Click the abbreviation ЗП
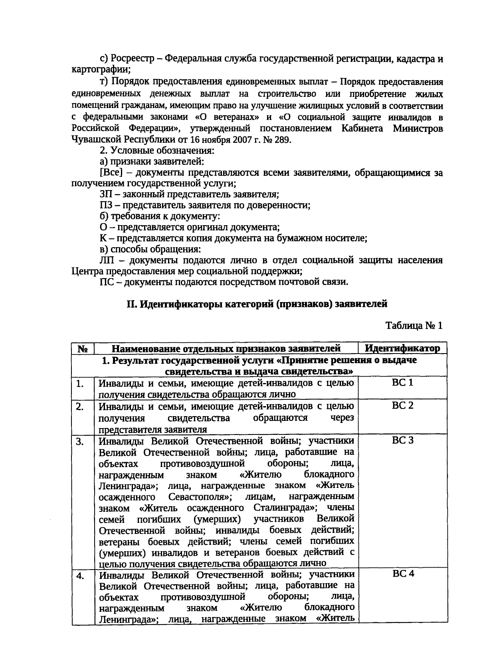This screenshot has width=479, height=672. (105, 195)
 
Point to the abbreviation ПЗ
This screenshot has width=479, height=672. (105, 206)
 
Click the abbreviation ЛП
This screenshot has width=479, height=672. (107, 260)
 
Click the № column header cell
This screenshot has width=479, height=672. (83, 349)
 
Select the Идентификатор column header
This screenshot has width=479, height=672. (402, 348)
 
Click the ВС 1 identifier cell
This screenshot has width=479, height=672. (402, 383)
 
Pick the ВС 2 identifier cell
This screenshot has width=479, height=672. (402, 406)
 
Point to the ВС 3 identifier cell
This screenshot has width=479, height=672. (402, 440)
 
